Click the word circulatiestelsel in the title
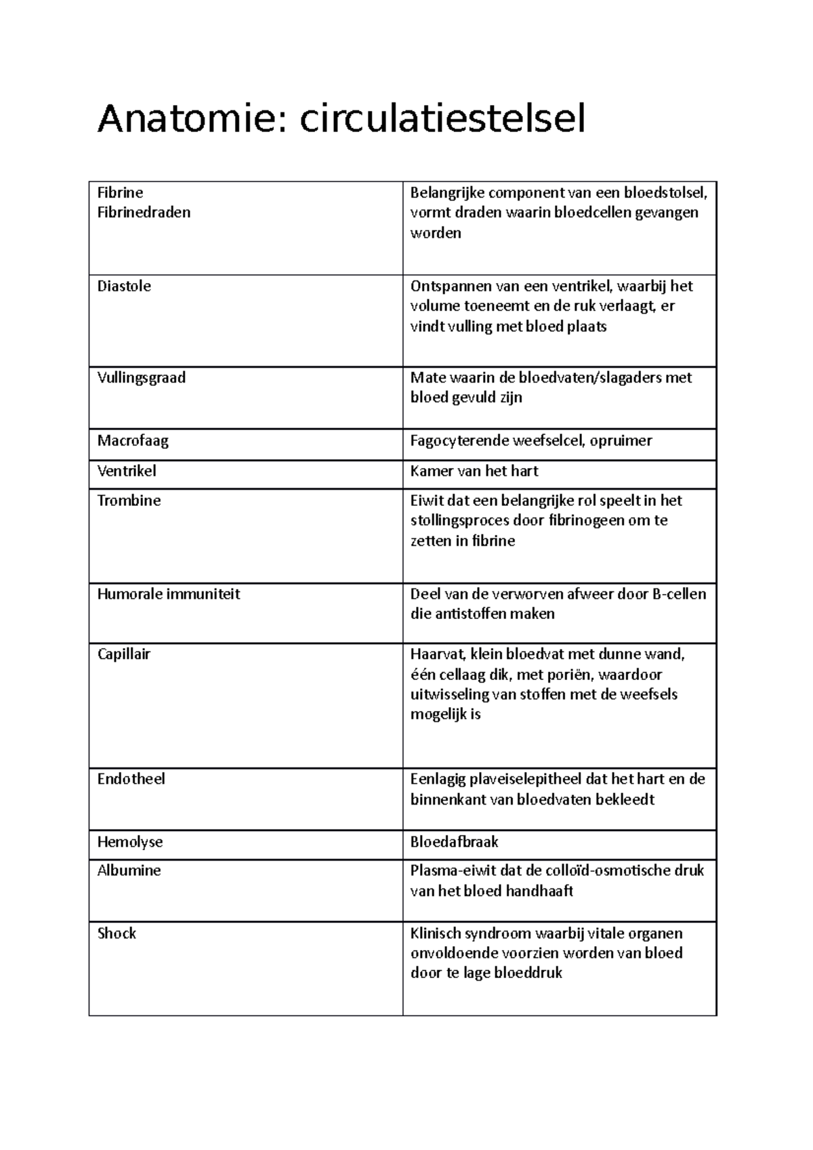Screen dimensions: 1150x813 [442, 120]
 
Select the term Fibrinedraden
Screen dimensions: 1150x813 [144, 213]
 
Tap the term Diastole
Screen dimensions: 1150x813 [124, 286]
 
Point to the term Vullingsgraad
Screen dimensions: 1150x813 [142, 378]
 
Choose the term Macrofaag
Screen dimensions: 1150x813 [133, 441]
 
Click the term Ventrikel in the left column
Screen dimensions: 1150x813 [127, 471]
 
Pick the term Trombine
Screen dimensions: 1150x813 [129, 501]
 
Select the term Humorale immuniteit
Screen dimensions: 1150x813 [169, 594]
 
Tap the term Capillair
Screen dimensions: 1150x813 [124, 654]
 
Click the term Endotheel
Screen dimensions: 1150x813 [131, 779]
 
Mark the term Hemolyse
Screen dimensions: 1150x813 [130, 842]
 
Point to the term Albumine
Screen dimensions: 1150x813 [129, 871]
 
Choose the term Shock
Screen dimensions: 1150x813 [117, 933]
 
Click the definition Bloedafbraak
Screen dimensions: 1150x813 [454, 842]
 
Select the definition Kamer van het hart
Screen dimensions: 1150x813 [474, 471]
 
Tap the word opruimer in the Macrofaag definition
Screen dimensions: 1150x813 [621, 441]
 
